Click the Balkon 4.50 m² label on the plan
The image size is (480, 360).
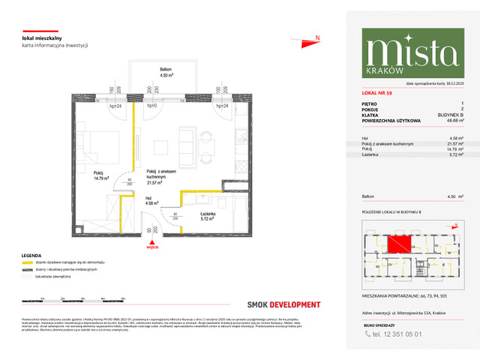coord(158,72)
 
